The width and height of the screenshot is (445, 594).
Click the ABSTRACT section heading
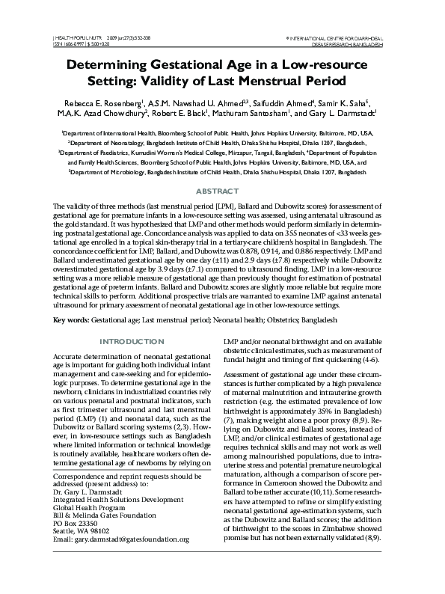click(222, 192)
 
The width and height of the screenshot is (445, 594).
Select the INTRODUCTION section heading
click(132, 341)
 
